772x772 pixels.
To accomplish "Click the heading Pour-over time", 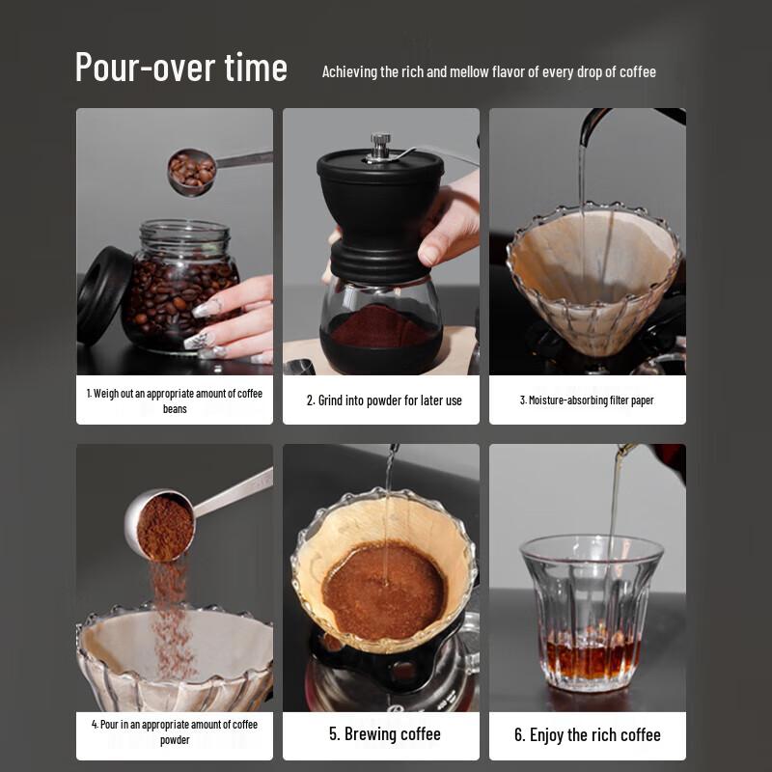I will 181,68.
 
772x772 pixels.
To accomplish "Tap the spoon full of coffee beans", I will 192,171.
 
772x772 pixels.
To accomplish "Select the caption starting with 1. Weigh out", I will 175,400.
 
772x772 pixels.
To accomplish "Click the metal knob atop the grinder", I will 380,144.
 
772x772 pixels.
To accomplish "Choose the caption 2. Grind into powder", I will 384,400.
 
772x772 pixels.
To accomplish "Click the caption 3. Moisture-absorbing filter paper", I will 587,400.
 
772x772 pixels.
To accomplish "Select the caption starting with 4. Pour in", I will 175,731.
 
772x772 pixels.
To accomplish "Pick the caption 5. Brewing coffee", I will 384,734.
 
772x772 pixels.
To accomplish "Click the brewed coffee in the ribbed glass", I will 592,655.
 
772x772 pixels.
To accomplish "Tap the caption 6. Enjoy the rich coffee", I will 587,734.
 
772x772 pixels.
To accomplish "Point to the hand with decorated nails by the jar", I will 236,318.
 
